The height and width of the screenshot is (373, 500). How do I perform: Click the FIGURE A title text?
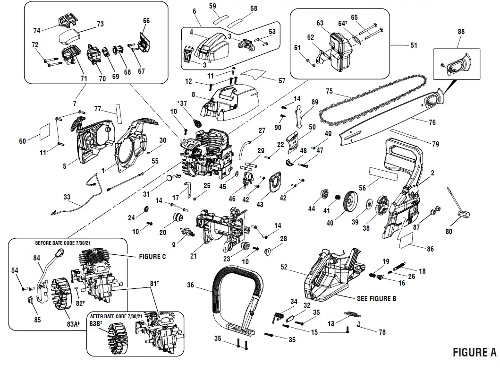pyautogui.click(x=474, y=352)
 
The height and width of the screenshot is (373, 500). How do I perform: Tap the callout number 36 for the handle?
pyautogui.click(x=190, y=285)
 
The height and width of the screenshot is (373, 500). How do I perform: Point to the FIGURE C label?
pyautogui.click(x=153, y=257)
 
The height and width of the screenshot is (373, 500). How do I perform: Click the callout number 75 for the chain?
pyautogui.click(x=329, y=91)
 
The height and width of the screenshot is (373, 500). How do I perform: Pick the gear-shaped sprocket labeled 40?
pyautogui.click(x=351, y=198)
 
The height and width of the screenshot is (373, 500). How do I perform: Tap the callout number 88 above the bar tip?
pyautogui.click(x=461, y=32)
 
